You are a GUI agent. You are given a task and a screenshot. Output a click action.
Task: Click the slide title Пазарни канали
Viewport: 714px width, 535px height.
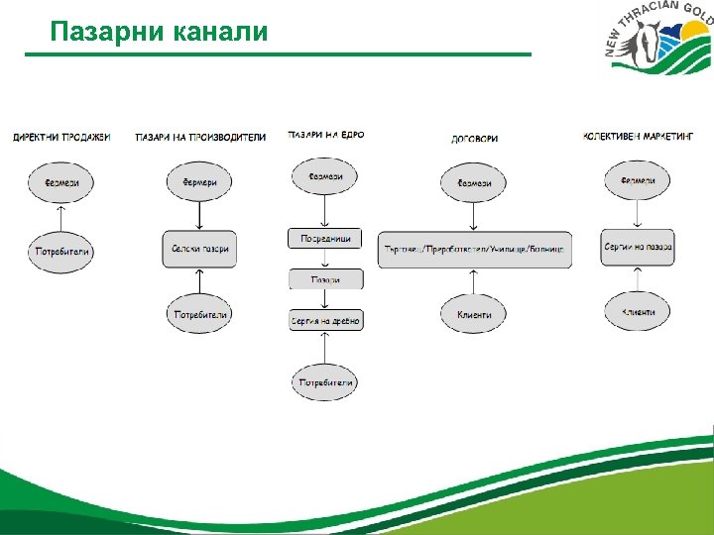(x=159, y=32)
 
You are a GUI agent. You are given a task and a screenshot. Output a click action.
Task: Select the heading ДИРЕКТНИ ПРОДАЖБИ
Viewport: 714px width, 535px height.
(x=61, y=137)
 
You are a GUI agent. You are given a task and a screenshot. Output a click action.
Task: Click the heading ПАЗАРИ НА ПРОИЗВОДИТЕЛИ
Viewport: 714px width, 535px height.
(x=200, y=138)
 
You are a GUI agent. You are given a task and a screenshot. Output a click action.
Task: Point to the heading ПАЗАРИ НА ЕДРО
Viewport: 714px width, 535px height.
(x=326, y=135)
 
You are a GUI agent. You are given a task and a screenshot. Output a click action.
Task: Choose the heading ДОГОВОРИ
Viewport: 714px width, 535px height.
(x=475, y=139)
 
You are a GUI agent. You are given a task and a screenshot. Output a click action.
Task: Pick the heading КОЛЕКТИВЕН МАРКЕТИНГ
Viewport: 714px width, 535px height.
(x=639, y=136)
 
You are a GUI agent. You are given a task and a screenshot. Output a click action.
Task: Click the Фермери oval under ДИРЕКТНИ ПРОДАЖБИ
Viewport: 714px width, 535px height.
(x=61, y=183)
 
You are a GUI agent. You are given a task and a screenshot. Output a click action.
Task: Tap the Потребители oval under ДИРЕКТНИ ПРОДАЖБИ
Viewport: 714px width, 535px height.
(x=62, y=252)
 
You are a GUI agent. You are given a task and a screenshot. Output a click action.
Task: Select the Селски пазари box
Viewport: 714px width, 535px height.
(x=200, y=249)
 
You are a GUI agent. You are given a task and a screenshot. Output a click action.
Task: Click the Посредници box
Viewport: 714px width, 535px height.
(x=325, y=239)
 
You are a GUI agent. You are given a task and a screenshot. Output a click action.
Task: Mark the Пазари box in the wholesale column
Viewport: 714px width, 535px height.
(x=325, y=279)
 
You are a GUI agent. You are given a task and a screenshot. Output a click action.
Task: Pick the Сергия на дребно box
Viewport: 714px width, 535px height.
(x=325, y=321)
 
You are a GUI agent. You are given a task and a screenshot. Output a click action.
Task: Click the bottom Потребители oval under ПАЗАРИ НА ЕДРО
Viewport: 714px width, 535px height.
(x=325, y=382)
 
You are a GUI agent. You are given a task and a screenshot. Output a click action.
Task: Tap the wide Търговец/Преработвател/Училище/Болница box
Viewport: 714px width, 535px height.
(x=475, y=249)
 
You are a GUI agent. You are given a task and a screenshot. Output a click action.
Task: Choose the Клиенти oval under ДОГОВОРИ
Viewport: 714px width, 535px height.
(x=475, y=315)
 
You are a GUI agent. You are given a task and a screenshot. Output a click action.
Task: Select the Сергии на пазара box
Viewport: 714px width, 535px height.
(x=639, y=247)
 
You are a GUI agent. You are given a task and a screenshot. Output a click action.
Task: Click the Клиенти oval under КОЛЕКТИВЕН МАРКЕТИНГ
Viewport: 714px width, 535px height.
(x=639, y=312)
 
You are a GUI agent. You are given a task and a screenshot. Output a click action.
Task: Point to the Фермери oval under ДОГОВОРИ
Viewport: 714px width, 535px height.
(x=475, y=183)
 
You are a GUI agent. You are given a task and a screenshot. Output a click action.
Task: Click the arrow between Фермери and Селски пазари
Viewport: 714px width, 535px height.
(x=200, y=215)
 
